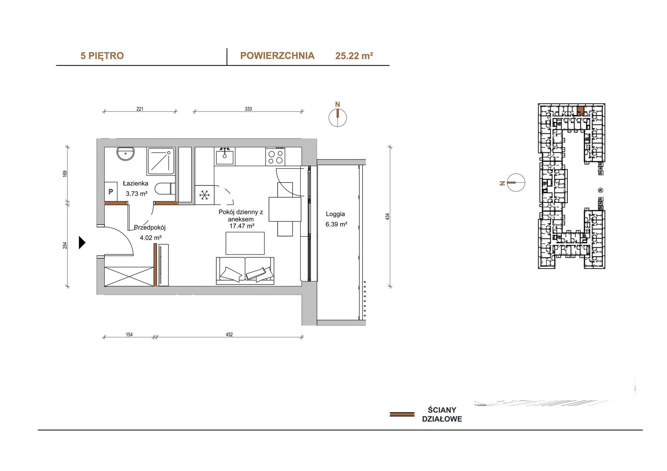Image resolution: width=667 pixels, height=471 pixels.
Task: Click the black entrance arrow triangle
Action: (x=82, y=242)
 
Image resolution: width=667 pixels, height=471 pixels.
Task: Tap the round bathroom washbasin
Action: (x=125, y=154)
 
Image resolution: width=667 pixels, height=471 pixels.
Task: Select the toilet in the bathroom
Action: (x=165, y=189)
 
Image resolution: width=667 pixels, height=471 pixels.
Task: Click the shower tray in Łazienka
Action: (x=160, y=161)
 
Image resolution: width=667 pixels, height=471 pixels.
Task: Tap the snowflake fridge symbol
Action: (x=204, y=195)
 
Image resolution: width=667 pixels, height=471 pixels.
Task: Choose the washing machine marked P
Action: (x=110, y=192)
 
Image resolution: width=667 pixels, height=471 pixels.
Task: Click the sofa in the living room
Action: (x=245, y=271)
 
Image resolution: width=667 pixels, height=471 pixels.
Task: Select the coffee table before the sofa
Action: (x=245, y=243)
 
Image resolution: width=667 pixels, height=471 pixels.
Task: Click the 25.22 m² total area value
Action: (x=354, y=56)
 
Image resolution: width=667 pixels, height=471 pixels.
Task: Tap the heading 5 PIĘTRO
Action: (x=102, y=56)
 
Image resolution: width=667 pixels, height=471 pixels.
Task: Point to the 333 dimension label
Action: (x=248, y=109)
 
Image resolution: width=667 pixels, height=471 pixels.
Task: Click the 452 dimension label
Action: (x=229, y=334)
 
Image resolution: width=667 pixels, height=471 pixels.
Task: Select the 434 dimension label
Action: (x=387, y=217)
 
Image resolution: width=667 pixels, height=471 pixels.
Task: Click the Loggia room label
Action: (x=335, y=214)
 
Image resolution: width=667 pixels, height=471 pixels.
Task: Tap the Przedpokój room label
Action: (x=150, y=228)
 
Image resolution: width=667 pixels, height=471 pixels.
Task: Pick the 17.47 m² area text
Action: (x=242, y=226)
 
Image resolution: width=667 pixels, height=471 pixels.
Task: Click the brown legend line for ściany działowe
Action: (x=402, y=414)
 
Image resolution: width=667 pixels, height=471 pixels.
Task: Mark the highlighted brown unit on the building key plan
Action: (x=580, y=111)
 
